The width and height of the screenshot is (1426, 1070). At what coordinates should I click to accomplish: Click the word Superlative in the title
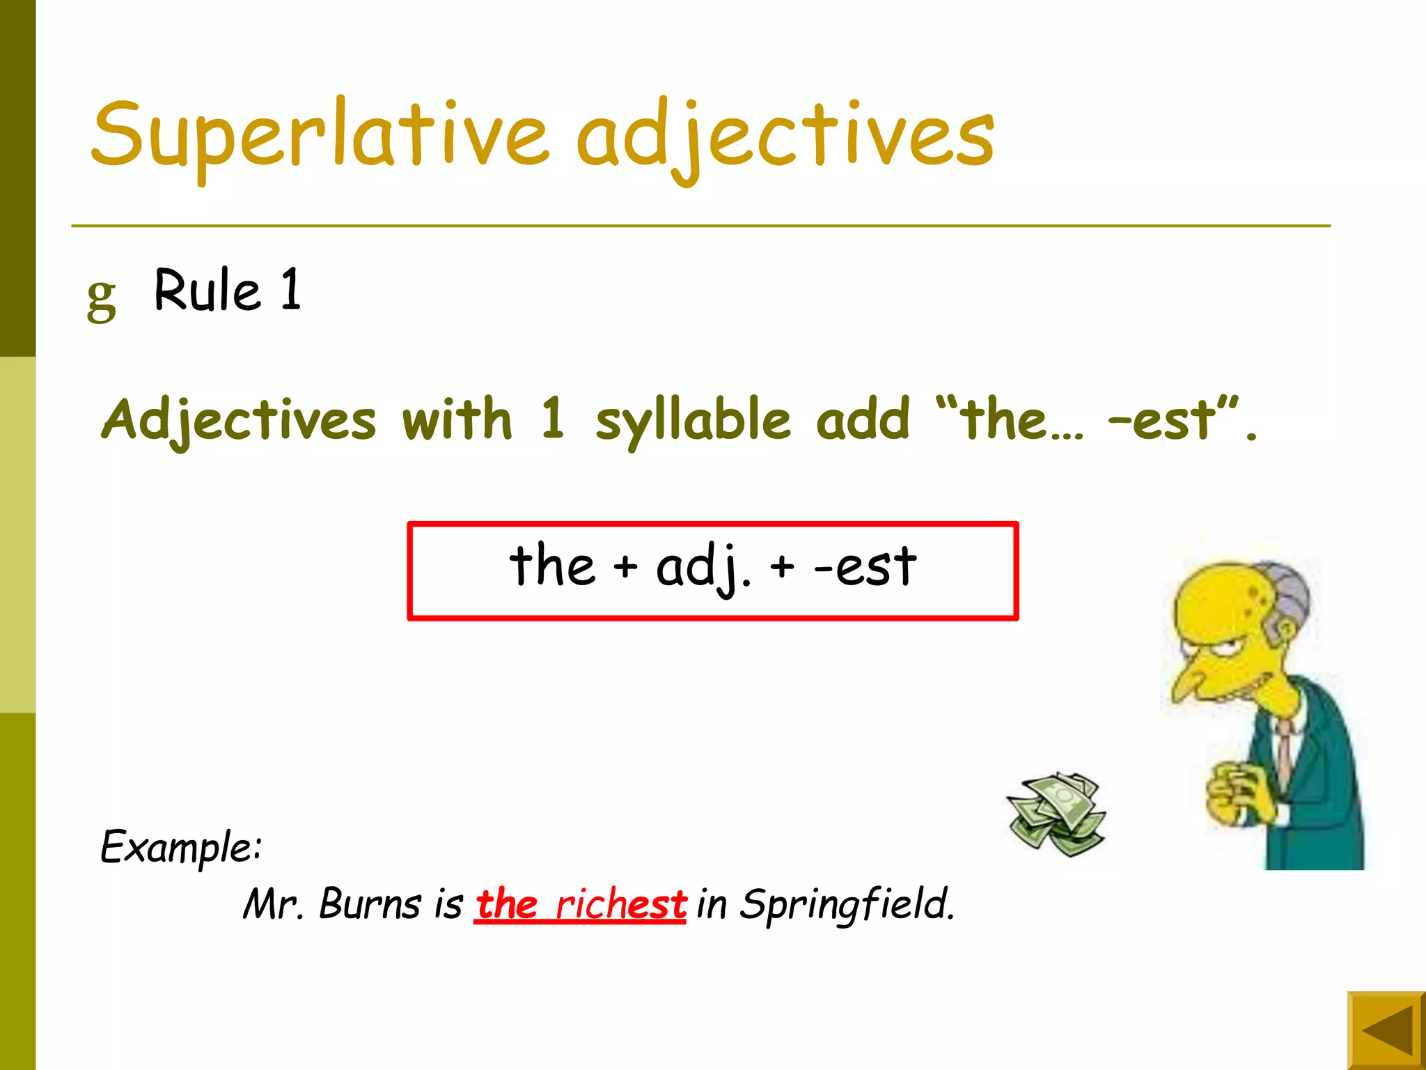(x=320, y=136)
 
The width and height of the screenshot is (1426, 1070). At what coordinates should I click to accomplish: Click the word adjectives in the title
(x=785, y=136)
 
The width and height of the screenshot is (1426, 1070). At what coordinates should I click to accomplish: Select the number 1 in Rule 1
(x=291, y=289)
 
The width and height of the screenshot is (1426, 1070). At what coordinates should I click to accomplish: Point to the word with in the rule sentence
(x=457, y=419)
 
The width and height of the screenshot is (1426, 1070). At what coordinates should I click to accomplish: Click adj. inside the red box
(x=703, y=568)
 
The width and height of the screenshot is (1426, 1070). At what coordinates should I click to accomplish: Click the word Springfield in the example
(x=846, y=904)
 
